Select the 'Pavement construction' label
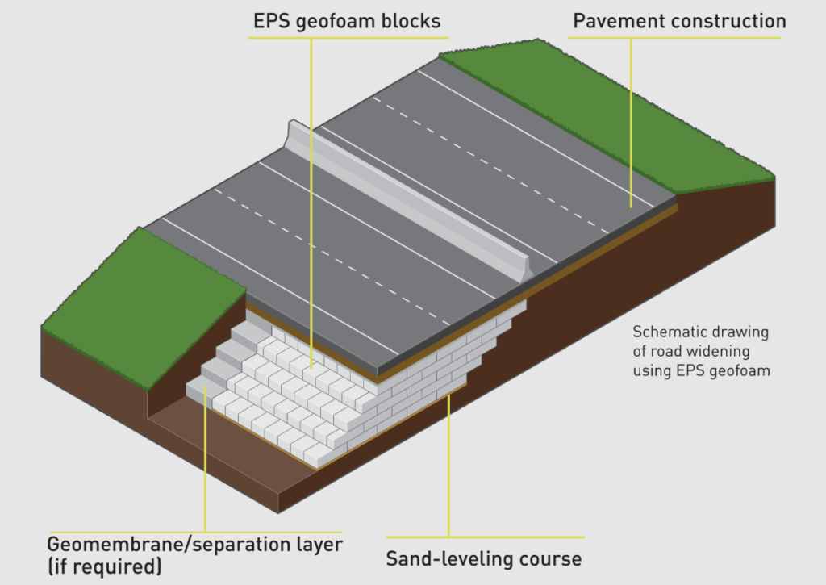pyautogui.click(x=678, y=21)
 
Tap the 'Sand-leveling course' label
pyautogui.click(x=483, y=558)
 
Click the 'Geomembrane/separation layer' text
pyautogui.click(x=194, y=544)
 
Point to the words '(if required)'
pyautogui.click(x=104, y=566)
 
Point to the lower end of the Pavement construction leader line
pyautogui.click(x=632, y=207)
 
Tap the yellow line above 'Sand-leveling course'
pyautogui.click(x=484, y=537)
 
